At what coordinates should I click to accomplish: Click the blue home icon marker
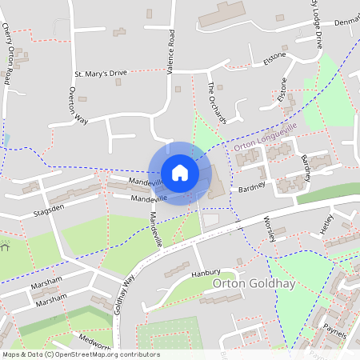point(180,173)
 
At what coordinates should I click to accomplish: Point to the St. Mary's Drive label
point(101,74)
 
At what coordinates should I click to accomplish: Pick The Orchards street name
point(217,103)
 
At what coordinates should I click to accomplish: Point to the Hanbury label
point(205,273)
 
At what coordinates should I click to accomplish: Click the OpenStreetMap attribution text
point(81,354)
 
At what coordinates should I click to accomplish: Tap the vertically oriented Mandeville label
point(158,230)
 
